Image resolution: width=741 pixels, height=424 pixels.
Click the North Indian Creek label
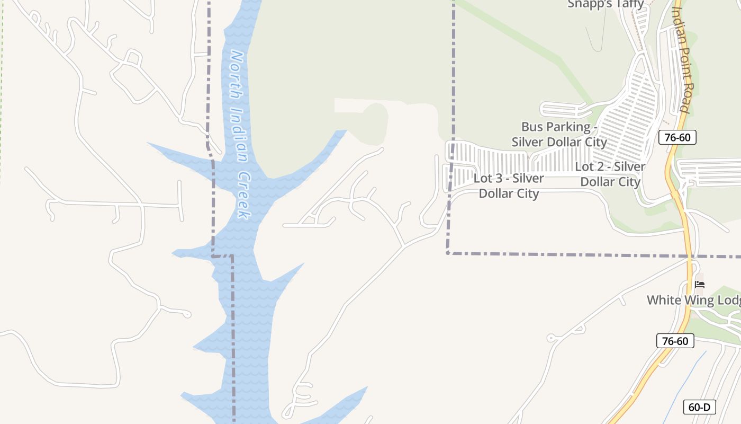coord(239,135)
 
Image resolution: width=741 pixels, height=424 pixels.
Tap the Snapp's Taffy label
coord(606,4)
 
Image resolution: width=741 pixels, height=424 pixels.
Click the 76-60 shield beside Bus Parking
coord(677,138)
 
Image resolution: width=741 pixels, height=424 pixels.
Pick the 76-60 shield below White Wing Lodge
coord(675,341)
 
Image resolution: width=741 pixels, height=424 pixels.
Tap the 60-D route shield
coord(699,407)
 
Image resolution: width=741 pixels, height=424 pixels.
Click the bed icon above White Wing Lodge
coord(699,285)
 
